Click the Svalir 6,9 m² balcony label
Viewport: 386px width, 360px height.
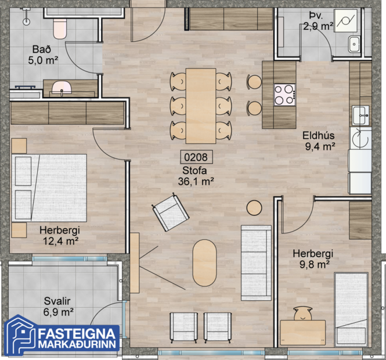pos(58,307)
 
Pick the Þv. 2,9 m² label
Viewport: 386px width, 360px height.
pos(317,21)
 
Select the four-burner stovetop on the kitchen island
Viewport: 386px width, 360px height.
pos(284,94)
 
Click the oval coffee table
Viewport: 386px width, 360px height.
pos(204,262)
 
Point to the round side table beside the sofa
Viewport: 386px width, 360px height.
pos(254,207)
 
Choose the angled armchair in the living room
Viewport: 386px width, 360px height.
pos(170,213)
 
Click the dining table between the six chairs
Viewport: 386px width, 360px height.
pos(200,105)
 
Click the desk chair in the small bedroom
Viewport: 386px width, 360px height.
pos(302,314)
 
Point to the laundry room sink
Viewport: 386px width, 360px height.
pos(355,44)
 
